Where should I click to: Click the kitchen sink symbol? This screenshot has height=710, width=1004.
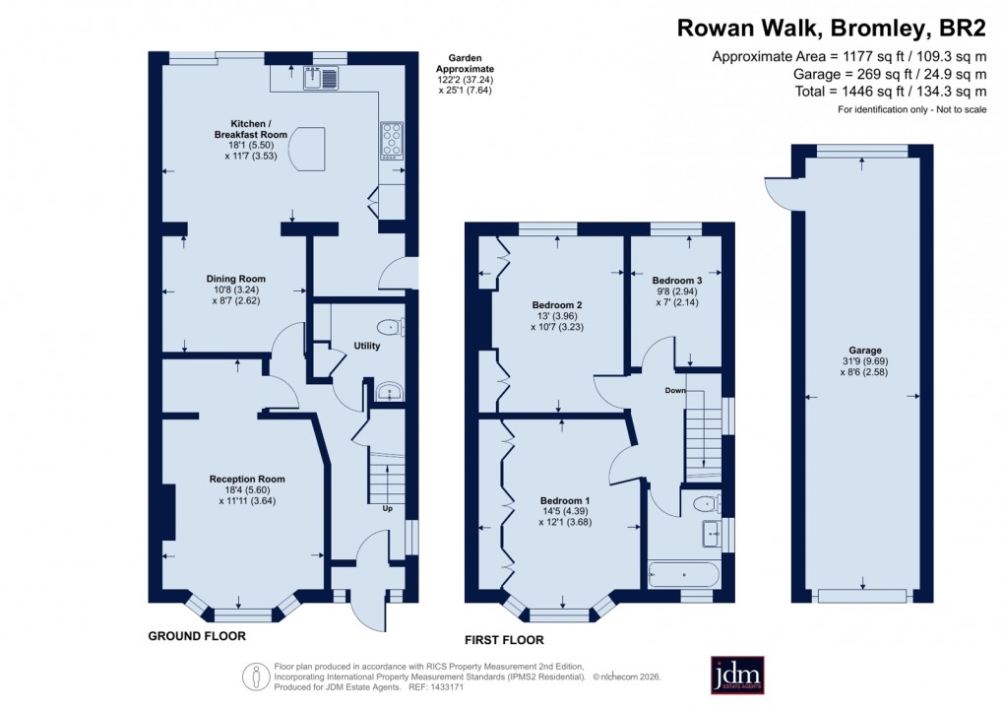click(321, 76)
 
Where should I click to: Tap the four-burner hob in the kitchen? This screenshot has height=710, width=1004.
click(391, 139)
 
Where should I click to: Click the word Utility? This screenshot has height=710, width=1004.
click(366, 347)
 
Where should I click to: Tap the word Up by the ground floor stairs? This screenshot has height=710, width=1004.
click(388, 509)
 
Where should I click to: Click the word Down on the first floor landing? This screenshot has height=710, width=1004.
click(675, 391)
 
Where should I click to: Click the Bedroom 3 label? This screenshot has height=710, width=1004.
click(676, 281)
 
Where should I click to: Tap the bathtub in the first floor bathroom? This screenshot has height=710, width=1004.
click(684, 572)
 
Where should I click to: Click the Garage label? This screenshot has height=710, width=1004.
click(863, 351)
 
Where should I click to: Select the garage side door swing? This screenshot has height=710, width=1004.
click(778, 190)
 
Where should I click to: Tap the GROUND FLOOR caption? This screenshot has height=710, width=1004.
click(196, 636)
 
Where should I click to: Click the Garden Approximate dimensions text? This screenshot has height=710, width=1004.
click(465, 75)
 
